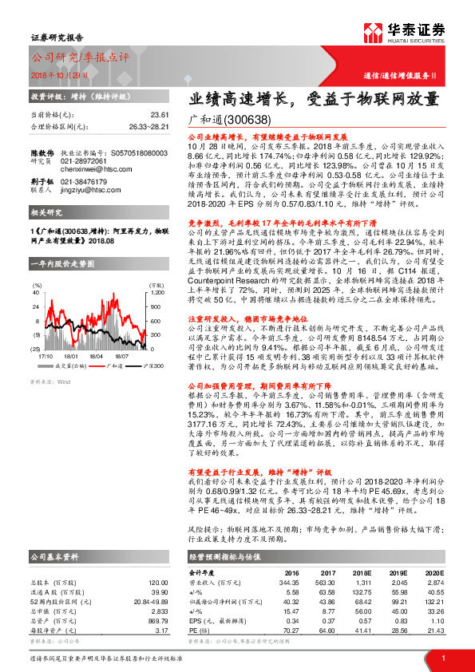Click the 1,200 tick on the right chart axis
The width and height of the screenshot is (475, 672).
(x=158, y=291)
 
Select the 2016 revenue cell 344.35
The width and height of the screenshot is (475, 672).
(x=287, y=583)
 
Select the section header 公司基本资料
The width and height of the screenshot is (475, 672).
(x=54, y=555)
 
